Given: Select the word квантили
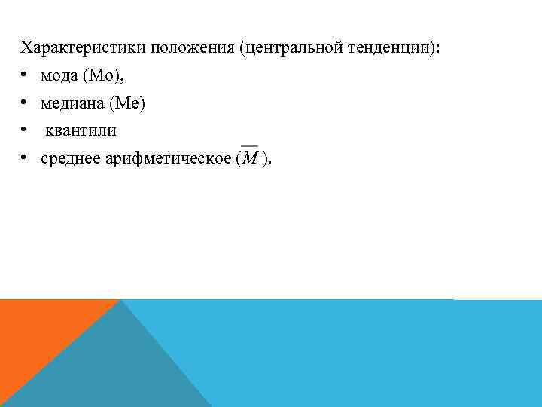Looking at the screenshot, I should pos(81,130).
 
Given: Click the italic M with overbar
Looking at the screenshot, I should pos(249,158).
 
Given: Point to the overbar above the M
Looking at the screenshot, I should pos(249,146).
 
